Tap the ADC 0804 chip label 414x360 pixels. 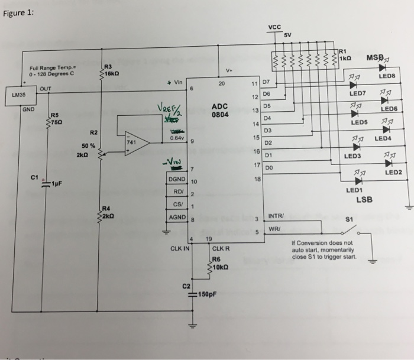(219, 111)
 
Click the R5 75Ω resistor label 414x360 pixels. (56, 118)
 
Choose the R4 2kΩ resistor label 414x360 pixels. (107, 212)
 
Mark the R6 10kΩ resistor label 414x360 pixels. (219, 262)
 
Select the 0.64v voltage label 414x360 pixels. (176, 137)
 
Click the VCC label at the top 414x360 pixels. (274, 27)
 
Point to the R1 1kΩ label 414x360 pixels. (347, 54)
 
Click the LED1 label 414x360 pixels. (354, 190)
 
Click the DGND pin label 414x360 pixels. (177, 179)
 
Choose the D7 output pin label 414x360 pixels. (266, 80)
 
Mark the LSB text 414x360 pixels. (364, 200)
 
